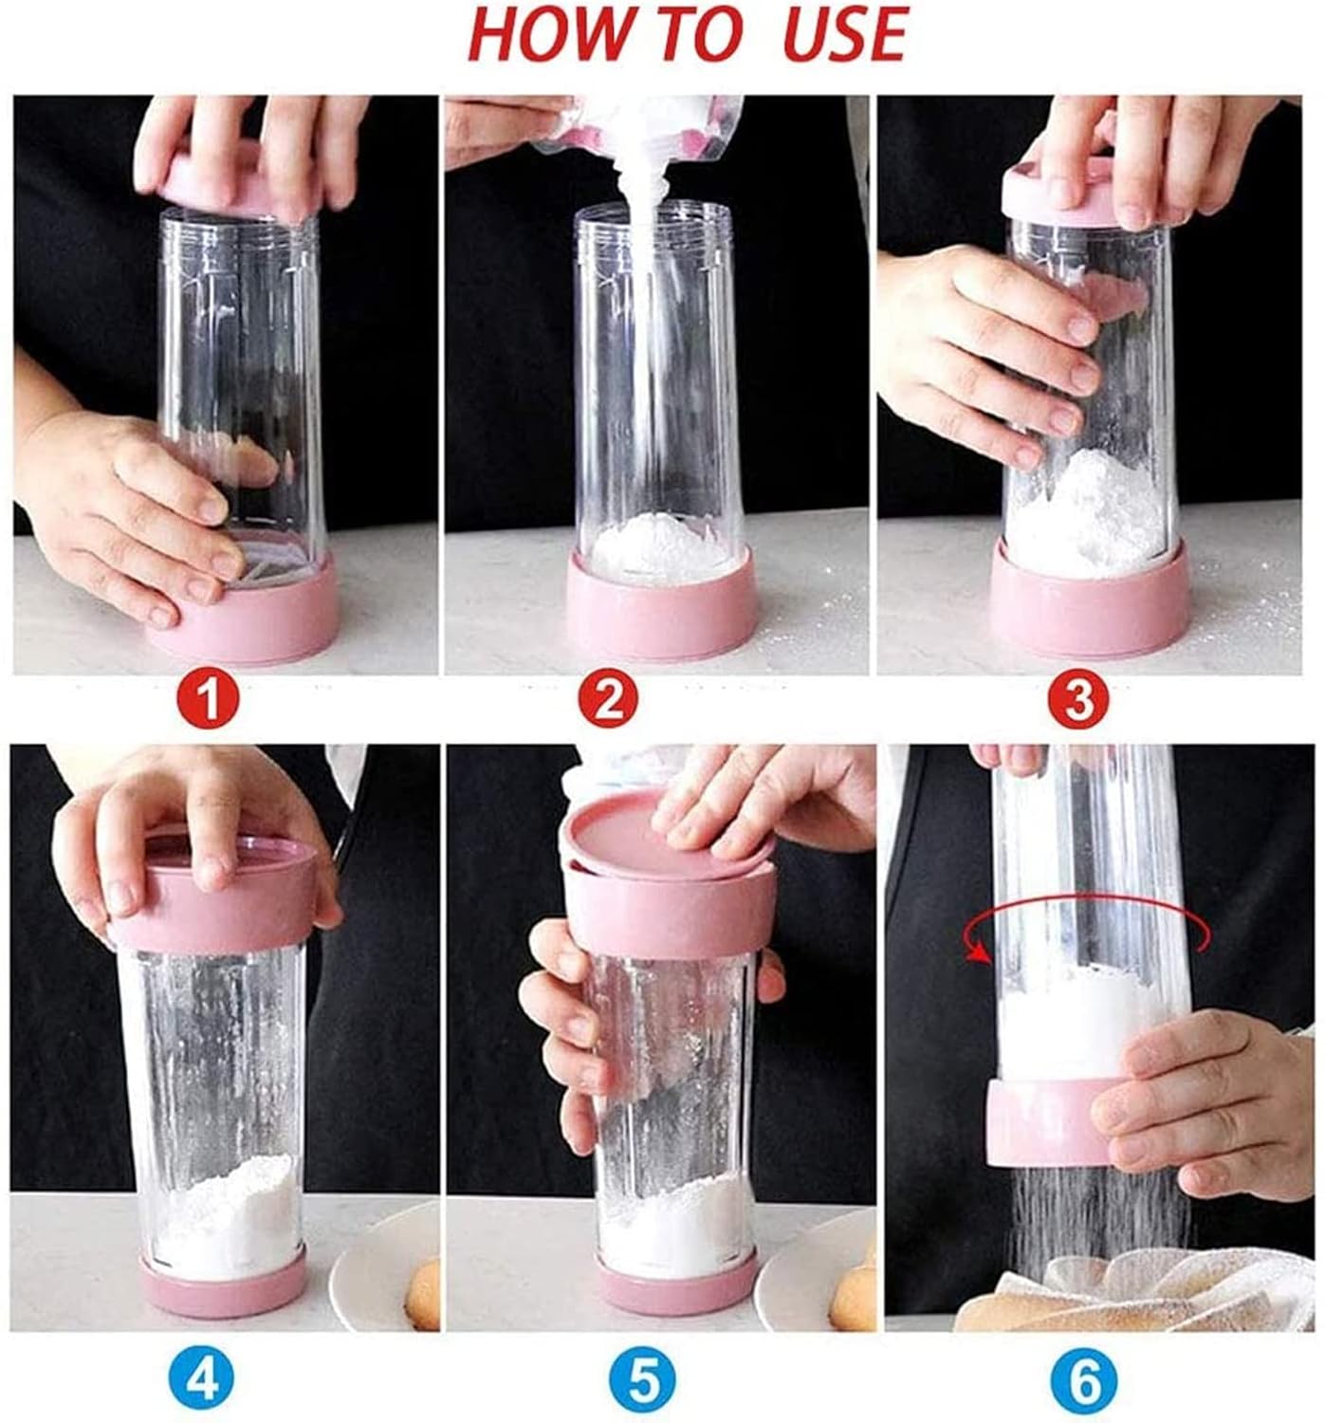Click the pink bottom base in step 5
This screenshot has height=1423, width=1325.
(675, 1281)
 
